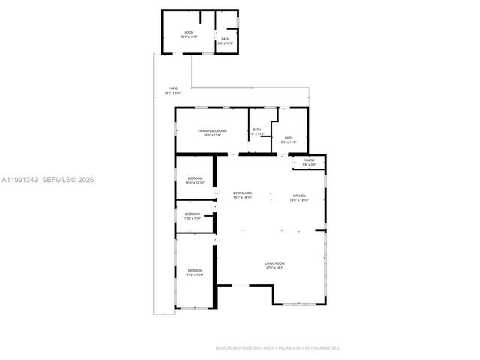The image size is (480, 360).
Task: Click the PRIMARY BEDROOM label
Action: coord(212,131)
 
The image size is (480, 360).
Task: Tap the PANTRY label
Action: coord(309,160)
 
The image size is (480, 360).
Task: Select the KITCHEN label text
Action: coord(300,196)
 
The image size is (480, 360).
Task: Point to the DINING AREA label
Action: coord(242,193)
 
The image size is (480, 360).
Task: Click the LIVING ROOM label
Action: coord(274,263)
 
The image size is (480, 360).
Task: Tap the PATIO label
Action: coord(172,88)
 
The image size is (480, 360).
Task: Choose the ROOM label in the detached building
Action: coord(189,32)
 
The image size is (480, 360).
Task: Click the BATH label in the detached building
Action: coord(225,39)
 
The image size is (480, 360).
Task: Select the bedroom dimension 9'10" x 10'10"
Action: coord(195,182)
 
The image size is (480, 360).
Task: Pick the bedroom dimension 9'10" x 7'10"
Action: coord(193,219)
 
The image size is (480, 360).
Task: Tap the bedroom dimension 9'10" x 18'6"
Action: coord(195,274)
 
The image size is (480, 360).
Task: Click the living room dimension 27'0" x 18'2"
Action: coord(274,268)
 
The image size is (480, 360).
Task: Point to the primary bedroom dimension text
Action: coord(212,136)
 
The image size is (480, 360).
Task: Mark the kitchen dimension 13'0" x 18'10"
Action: coord(300,200)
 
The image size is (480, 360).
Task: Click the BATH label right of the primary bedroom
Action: coord(257,130)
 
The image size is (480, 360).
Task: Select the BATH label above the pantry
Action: coord(289,138)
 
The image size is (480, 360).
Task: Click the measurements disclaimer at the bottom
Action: coord(278,348)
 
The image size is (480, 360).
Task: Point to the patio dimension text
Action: coord(172,93)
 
